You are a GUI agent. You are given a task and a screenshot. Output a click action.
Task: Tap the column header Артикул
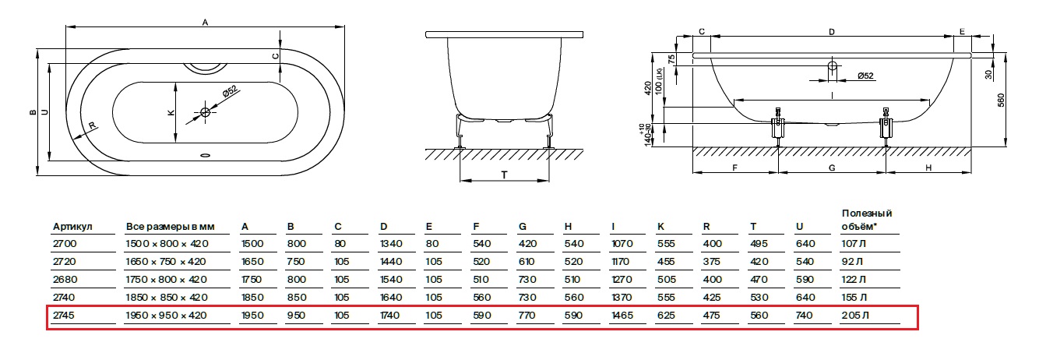coord(72,227)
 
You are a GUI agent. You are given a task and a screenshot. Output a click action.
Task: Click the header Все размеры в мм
coord(170,227)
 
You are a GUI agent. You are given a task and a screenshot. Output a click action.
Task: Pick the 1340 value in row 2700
coord(389,244)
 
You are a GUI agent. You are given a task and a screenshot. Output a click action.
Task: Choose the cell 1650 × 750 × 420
coord(166,262)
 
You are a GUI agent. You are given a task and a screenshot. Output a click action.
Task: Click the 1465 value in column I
coord(623,316)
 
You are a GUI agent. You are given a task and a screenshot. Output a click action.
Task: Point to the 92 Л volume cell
coord(853,262)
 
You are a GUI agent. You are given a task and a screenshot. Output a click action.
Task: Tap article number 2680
coord(63,280)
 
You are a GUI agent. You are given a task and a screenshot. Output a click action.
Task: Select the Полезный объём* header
coord(866,221)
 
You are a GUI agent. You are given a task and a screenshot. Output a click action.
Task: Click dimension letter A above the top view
coord(205,23)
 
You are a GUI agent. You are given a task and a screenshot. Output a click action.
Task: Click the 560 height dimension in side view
coord(1001,99)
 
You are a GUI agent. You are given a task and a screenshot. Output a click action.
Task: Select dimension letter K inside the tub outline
coord(171,113)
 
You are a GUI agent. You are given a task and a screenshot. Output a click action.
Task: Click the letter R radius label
coord(92,126)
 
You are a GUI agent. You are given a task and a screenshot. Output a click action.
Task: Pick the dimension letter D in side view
coord(832,32)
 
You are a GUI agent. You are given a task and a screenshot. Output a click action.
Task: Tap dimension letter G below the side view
coord(831,168)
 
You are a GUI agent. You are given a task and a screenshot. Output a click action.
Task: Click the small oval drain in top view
coord(206,154)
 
